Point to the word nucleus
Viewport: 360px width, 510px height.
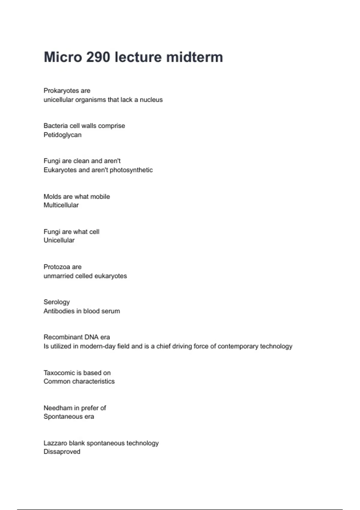pyautogui.click(x=151, y=100)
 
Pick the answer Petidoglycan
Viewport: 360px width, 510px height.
pyautogui.click(x=62, y=135)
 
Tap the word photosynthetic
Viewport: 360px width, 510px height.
pyautogui.click(x=131, y=170)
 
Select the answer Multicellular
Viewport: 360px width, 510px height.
pyautogui.click(x=61, y=205)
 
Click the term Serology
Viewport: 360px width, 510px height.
pyautogui.click(x=56, y=302)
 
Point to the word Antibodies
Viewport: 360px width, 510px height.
pyautogui.click(x=59, y=311)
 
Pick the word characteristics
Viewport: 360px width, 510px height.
pyautogui.click(x=93, y=381)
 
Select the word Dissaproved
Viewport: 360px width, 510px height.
pyautogui.click(x=62, y=452)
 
